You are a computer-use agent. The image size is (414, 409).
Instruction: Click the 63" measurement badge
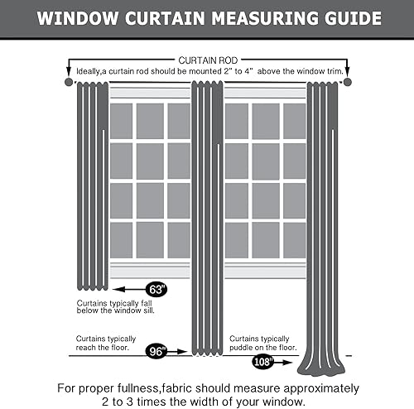click(x=155, y=289)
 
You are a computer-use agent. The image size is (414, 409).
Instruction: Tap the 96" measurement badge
click(x=156, y=351)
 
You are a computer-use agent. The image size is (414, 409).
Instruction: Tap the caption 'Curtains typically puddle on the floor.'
click(x=262, y=343)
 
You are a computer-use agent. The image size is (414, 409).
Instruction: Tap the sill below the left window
click(x=150, y=271)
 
